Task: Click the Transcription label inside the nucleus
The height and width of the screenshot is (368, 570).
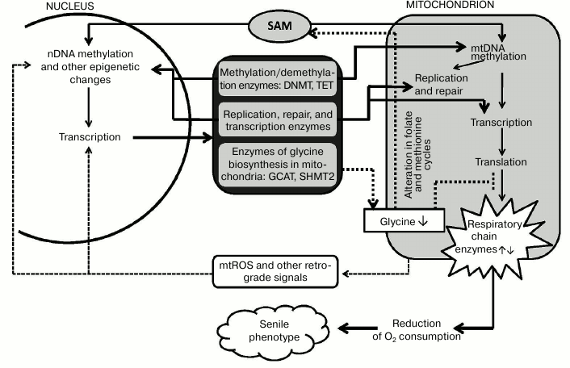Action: (x=90, y=137)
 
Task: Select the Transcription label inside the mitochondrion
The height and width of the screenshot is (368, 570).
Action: (x=501, y=123)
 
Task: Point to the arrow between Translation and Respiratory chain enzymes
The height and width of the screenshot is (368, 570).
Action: (x=504, y=184)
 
